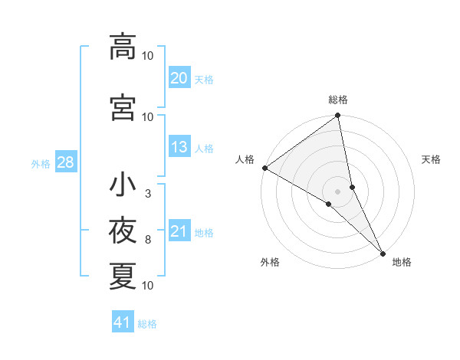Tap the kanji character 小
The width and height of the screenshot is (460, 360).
coord(123,185)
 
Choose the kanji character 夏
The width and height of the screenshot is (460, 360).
coord(123,276)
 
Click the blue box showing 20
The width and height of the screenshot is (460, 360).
coord(179,78)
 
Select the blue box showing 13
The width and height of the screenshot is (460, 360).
coord(179,148)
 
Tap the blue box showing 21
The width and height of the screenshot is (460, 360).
coord(179,232)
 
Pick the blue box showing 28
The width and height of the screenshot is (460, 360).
coord(65,162)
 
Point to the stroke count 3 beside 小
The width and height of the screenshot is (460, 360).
coord(148,194)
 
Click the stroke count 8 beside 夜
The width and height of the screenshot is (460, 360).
coord(148,240)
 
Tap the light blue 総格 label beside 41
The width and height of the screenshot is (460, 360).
coord(147,324)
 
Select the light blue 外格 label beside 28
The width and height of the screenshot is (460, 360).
coord(41,163)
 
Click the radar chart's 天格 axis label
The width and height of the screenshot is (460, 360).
coord(431,159)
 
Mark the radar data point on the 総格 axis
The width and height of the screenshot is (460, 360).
coord(337,116)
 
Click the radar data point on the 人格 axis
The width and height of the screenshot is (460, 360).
coord(264,168)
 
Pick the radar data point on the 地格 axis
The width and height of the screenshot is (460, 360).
coord(383,251)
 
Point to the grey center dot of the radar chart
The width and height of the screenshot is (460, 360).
coord(337,190)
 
